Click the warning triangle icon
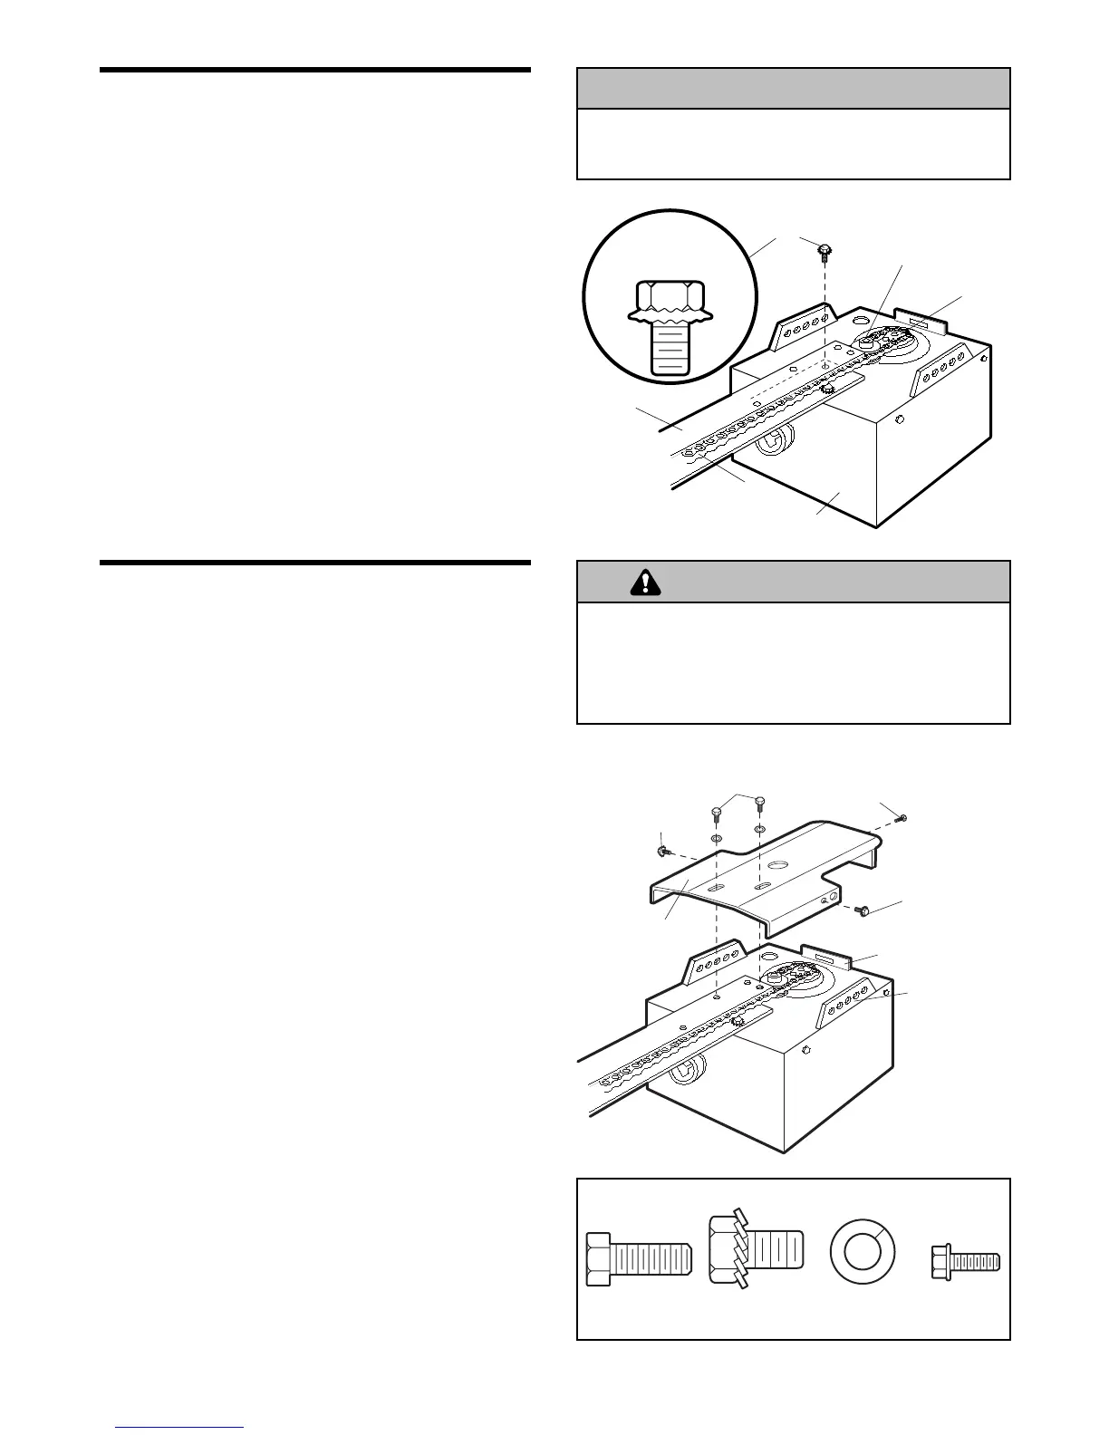[645, 582]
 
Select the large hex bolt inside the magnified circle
[670, 325]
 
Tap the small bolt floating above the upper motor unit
[825, 251]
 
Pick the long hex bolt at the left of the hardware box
[638, 1258]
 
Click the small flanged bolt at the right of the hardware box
[964, 1259]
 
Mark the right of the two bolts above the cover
[759, 804]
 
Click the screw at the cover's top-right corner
[900, 819]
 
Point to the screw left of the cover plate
[662, 851]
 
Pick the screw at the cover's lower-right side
[862, 910]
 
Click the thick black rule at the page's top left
[314, 69]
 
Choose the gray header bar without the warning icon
[793, 89]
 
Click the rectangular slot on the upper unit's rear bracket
[920, 322]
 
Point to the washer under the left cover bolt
[715, 839]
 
